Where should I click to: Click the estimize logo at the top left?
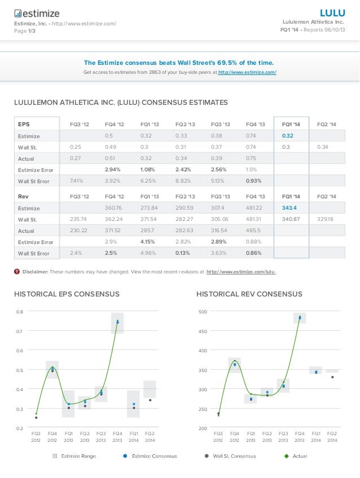point(36,13)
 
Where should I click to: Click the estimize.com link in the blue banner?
point(247,73)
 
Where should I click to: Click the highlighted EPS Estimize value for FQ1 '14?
point(287,135)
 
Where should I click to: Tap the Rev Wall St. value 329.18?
point(326,219)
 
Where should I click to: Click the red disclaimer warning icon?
point(16,272)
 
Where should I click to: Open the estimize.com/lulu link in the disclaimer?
point(241,272)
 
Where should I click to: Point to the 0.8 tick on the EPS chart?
point(20,311)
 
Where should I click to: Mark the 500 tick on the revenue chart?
point(203,311)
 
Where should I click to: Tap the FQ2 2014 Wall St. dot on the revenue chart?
point(332,377)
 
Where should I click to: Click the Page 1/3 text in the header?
point(24,31)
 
